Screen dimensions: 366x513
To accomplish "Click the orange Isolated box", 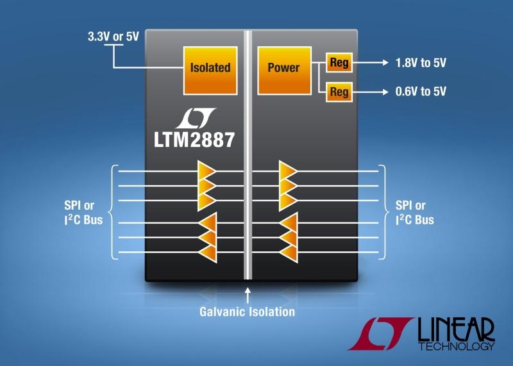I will tap(210, 67).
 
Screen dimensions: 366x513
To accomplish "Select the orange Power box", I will tap(283, 67).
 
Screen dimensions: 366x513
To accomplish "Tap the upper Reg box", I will tap(339, 63).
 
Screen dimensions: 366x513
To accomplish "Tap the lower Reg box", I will tap(339, 92).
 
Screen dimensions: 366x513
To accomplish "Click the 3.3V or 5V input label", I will tap(113, 37).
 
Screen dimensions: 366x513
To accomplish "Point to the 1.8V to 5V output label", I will tap(421, 63).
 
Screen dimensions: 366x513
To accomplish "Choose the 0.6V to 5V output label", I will tap(421, 92).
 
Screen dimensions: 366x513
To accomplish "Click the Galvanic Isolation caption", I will tap(248, 312).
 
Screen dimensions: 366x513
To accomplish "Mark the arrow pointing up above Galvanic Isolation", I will tap(248, 295).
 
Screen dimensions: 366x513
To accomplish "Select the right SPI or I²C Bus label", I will tap(414, 213).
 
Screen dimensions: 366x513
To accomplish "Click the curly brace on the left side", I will tap(115, 212).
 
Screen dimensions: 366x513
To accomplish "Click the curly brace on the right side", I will tap(383, 212).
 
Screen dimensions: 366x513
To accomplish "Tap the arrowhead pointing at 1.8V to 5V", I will tap(384, 63).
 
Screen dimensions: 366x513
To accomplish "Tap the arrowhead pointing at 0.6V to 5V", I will tap(384, 92).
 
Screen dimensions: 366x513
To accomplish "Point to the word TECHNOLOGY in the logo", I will tap(456, 347).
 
